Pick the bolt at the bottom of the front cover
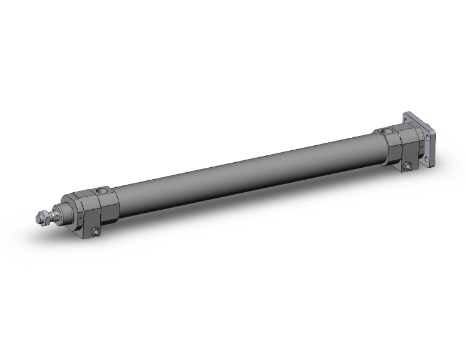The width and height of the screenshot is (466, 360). coord(96,234)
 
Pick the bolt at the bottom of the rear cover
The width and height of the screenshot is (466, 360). coord(408,166)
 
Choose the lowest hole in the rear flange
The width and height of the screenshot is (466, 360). coord(429,163)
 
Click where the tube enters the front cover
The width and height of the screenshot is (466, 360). coord(118,198)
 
